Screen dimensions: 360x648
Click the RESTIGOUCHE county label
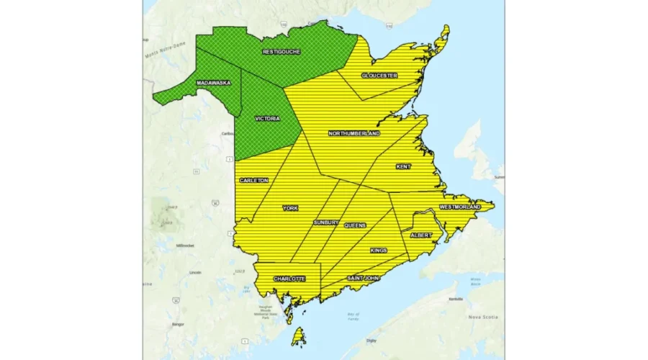pos(282,52)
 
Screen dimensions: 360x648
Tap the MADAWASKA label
pos(213,84)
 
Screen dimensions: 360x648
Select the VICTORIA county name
pos(267,118)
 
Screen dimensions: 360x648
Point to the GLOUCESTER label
pos(379,75)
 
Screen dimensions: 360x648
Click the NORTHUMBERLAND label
pos(354,133)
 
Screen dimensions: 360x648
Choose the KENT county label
pos(403,166)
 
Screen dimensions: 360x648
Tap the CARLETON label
pos(254,180)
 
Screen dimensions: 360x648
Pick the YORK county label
pos(290,208)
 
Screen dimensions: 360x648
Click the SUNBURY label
pos(325,223)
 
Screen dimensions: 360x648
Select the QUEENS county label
pos(354,225)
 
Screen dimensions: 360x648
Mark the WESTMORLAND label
pos(459,207)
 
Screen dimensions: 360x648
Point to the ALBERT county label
pos(420,235)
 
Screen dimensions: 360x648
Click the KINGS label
pos(379,251)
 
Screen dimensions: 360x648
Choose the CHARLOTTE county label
pos(289,279)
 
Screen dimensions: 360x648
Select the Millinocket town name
pos(185,246)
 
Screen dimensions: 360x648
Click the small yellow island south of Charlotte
pos(296,336)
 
